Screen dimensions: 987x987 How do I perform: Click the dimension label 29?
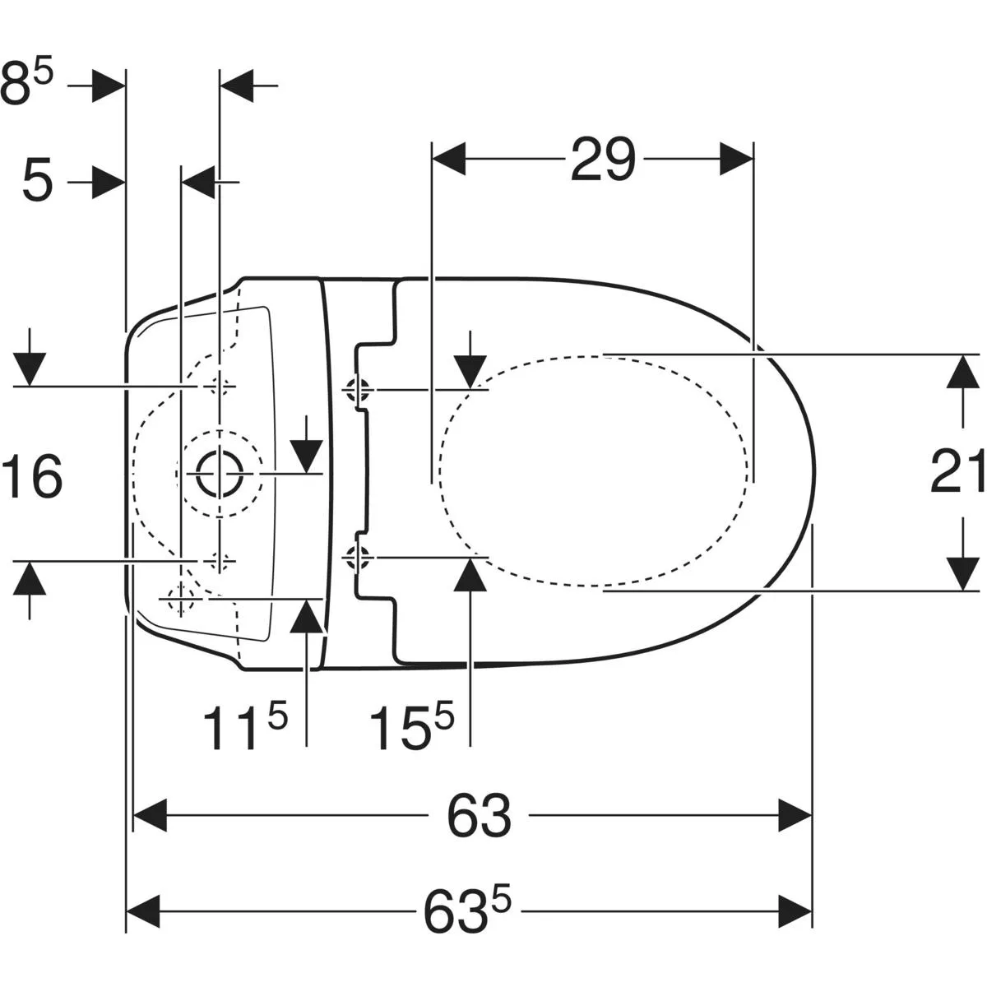603,159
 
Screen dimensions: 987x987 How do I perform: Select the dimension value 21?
957,470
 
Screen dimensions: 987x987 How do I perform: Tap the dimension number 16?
32,476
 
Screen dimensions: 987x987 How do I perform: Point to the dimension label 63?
479,815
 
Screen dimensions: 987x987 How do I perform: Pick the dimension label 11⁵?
245,722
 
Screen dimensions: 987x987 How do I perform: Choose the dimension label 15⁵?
412,722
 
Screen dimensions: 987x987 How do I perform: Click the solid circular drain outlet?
220,474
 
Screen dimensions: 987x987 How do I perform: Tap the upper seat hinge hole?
357,389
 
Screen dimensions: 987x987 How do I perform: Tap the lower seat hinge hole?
357,557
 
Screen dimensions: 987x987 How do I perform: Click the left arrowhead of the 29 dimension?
449,159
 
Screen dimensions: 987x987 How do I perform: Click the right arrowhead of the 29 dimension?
736,159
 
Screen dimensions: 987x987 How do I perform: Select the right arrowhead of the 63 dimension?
795,815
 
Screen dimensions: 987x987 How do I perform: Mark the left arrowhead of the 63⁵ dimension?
143,911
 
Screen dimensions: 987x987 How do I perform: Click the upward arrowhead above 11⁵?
306,615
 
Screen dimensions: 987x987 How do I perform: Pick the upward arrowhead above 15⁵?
470,575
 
